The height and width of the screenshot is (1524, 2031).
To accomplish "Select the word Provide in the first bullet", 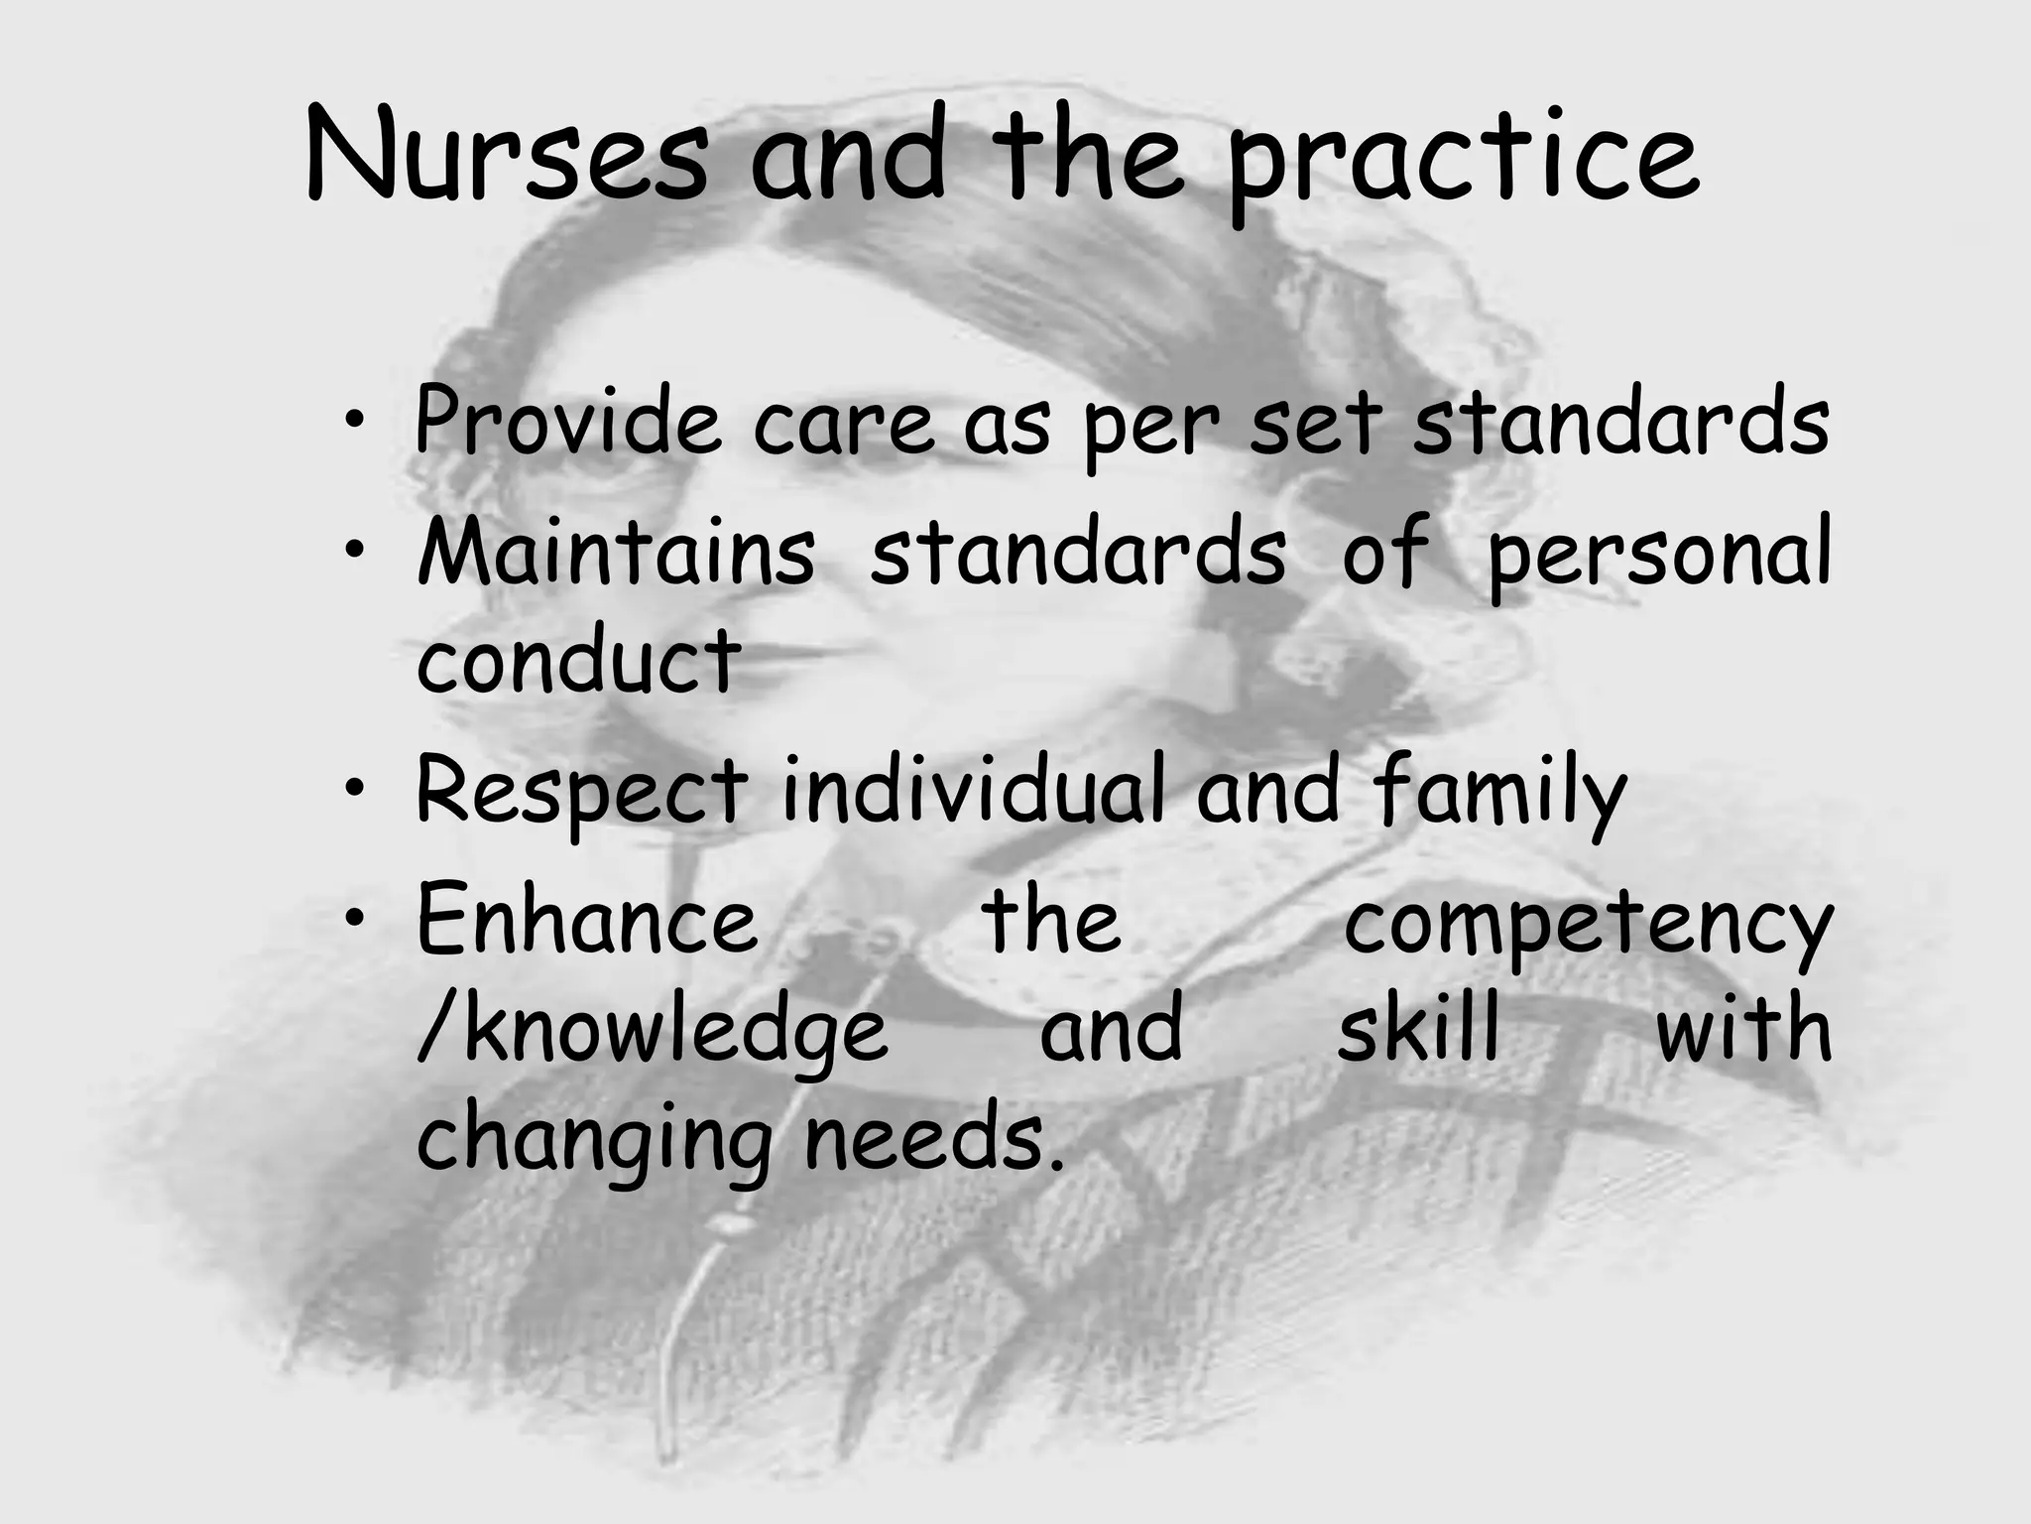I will point(567,423).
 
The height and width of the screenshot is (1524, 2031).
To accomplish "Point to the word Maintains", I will point(616,552).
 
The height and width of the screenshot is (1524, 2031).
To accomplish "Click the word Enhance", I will point(588,919).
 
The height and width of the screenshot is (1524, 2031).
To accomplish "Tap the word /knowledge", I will point(653,1032).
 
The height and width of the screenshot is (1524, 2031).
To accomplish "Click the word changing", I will point(594,1141).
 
